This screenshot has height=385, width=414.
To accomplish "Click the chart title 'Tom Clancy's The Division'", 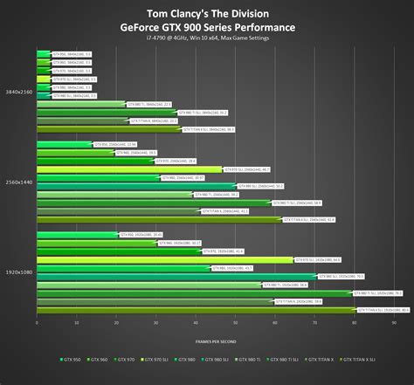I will coord(207,11).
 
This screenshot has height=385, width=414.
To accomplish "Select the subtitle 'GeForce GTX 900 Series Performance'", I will coord(207,26).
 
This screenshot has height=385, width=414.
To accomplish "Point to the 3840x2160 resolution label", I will coord(19,92).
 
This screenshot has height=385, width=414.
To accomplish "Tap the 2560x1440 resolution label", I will coord(19,182).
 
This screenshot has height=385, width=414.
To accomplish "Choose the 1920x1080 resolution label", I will coord(19,272).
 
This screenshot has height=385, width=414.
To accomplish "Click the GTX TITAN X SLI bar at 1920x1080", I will coord(197,309).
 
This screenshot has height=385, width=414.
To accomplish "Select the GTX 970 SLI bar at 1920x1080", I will coord(166,259).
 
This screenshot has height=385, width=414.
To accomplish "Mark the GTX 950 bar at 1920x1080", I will coord(77,235).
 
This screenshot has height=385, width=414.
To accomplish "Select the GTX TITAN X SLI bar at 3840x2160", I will coord(110,129).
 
